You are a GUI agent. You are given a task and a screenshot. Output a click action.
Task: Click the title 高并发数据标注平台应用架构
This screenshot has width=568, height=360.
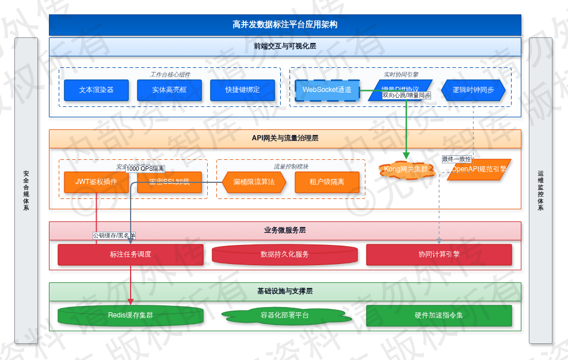click(285, 25)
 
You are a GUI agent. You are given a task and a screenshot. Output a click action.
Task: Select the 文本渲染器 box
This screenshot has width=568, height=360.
click(96, 90)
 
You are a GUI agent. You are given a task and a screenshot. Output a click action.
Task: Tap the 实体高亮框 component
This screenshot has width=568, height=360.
click(169, 90)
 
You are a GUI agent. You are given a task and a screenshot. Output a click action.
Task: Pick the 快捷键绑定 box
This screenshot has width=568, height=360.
click(242, 90)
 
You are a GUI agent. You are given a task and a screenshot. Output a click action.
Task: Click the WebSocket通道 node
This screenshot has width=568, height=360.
click(327, 90)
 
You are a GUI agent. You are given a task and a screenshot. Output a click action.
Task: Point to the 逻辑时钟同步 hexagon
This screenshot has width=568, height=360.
click(473, 90)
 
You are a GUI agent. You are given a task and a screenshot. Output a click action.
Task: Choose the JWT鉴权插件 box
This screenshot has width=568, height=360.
click(96, 182)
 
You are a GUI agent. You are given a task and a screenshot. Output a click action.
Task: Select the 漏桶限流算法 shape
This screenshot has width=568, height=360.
click(254, 182)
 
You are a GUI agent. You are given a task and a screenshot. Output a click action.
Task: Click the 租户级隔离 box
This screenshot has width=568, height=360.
click(327, 182)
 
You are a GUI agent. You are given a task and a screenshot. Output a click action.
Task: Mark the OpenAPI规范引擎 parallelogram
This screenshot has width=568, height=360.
click(479, 170)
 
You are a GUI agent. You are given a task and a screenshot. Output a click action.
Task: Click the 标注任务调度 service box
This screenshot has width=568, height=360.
click(131, 254)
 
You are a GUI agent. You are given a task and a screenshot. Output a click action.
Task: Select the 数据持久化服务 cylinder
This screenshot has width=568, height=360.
click(285, 254)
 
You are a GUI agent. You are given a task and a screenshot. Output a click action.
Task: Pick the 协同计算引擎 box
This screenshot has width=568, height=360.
click(439, 254)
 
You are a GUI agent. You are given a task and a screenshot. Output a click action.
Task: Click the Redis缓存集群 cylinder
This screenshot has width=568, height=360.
click(131, 315)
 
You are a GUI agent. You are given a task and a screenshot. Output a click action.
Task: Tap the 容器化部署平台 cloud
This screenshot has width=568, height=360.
click(285, 315)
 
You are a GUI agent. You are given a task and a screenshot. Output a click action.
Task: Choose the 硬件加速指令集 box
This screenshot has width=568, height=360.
click(439, 315)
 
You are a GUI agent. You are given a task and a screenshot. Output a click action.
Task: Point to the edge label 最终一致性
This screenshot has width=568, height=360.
click(456, 159)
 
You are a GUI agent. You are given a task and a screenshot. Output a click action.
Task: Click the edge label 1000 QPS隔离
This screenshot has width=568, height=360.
click(145, 169)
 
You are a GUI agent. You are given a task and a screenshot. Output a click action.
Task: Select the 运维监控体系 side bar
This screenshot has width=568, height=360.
click(540, 190)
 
